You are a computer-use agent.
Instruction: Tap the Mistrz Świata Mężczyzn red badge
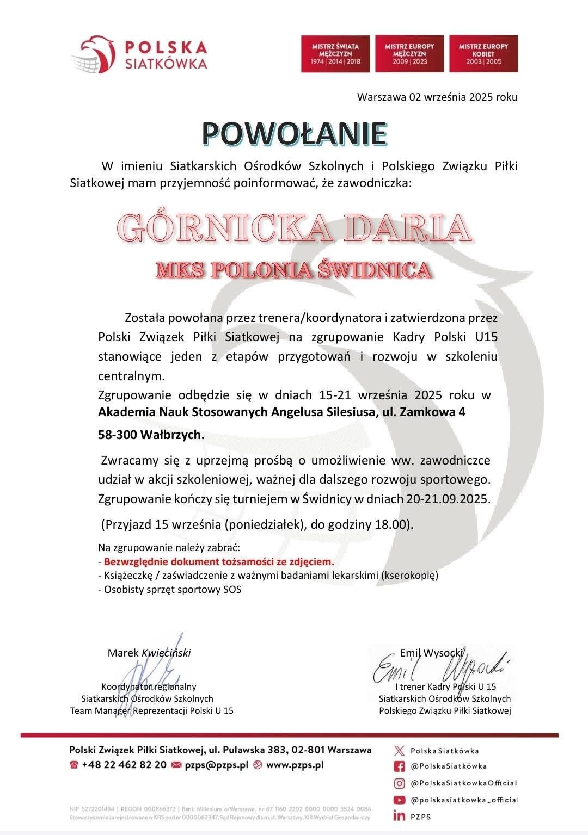pos(336,54)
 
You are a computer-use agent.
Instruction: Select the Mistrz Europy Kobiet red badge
pos(483,54)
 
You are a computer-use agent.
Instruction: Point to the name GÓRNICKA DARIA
pos(294,228)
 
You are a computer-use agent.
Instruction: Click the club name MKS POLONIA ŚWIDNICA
pos(294,270)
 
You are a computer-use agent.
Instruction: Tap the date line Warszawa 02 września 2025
pos(437,97)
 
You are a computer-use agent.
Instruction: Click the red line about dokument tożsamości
pos(219,561)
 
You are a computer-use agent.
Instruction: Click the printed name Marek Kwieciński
pos(149,653)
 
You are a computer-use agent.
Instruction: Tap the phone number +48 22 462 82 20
pos(124,764)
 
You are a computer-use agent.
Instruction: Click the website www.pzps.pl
pos(295,764)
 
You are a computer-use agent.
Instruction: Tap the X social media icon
pos(400,751)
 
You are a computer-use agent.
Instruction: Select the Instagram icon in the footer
pos(400,783)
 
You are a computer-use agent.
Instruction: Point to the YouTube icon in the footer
pos(400,800)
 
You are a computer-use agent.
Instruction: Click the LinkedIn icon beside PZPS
pos(400,816)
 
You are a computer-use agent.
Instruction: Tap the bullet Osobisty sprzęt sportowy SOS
pos(172,589)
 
